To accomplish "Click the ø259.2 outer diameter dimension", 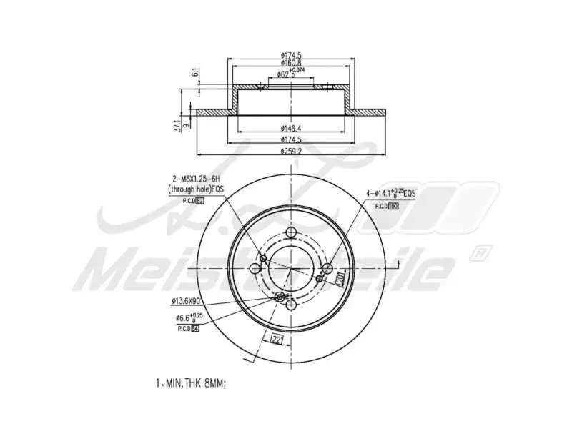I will pyautogui.click(x=290, y=152).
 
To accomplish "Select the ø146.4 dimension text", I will pyautogui.click(x=290, y=129).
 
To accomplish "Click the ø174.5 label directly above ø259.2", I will pyautogui.click(x=290, y=140).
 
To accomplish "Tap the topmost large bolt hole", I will pyautogui.click(x=290, y=233).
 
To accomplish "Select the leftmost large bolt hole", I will pyautogui.click(x=255, y=269).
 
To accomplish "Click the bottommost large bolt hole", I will pyautogui.click(x=290, y=305).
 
